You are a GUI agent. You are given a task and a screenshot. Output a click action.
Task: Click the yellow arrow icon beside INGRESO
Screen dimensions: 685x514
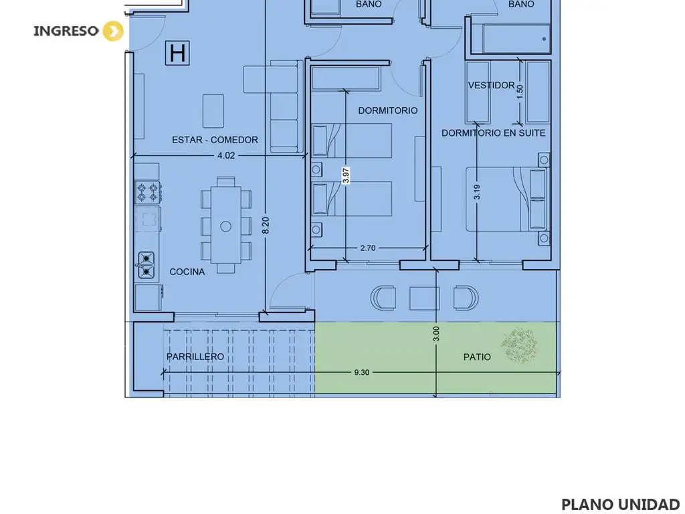(113, 31)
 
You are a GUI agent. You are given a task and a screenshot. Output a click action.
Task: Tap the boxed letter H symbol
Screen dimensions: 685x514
(177, 53)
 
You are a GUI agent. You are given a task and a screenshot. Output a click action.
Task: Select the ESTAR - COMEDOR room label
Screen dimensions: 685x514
(215, 140)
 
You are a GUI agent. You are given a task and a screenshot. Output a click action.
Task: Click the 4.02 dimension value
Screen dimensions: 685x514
(226, 155)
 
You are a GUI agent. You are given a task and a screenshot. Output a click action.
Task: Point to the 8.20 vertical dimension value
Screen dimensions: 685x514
(266, 226)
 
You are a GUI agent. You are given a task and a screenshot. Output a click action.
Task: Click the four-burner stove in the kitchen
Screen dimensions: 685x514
(148, 192)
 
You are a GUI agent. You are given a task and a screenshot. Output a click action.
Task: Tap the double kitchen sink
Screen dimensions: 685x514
(146, 265)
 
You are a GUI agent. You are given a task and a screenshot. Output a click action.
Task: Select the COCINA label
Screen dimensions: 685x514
(187, 272)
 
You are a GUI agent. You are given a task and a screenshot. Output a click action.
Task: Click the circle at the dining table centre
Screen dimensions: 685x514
(226, 226)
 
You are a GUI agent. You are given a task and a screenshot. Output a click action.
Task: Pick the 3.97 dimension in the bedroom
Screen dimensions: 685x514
(346, 176)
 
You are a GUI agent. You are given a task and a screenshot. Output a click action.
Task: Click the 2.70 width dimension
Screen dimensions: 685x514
(368, 248)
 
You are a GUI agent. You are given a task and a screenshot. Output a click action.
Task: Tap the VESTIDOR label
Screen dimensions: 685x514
(492, 85)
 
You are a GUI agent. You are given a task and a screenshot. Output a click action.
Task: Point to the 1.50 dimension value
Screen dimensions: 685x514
(519, 91)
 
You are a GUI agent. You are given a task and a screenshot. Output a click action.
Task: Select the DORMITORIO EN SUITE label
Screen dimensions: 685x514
(494, 133)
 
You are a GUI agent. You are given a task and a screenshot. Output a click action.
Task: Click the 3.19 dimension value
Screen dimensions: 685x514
(476, 192)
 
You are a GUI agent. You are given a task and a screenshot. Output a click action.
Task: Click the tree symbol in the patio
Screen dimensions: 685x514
(519, 345)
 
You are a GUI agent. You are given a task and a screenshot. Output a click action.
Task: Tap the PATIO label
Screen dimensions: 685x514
(477, 357)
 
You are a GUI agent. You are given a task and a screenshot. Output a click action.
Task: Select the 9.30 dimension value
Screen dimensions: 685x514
(362, 372)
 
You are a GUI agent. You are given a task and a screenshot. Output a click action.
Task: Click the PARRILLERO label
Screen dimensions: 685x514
(195, 357)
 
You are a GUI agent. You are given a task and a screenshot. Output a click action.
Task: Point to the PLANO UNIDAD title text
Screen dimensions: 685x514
(620, 505)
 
